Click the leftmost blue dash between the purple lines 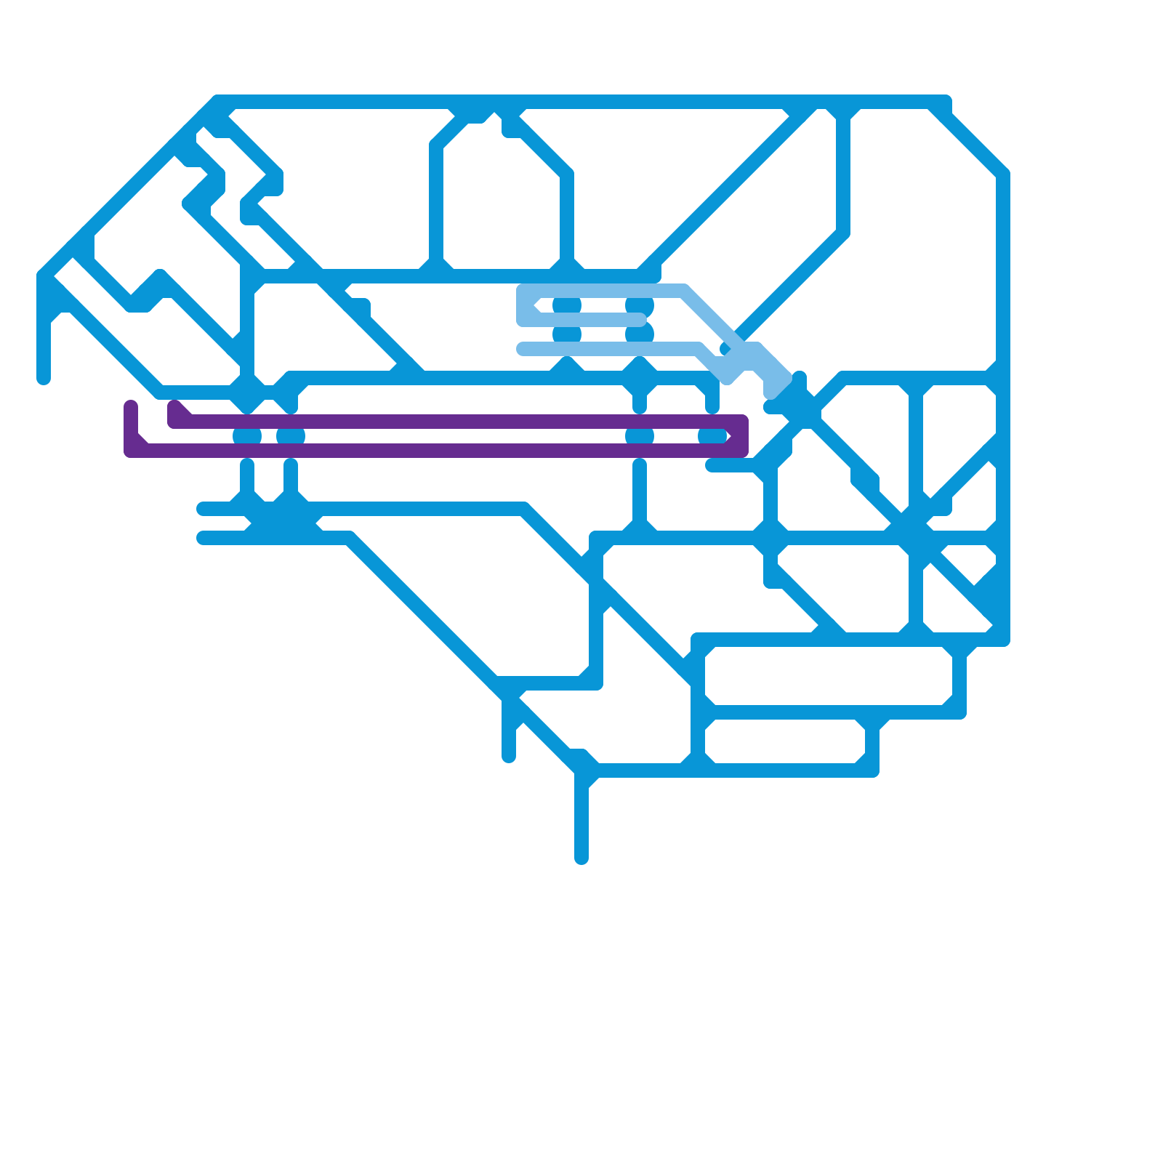[x=247, y=436]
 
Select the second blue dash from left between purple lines [x=291, y=436]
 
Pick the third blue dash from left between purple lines [x=640, y=436]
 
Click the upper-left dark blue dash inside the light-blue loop [x=567, y=305]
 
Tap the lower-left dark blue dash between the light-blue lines [x=567, y=334]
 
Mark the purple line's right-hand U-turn [x=741, y=436]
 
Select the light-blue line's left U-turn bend [x=523, y=305]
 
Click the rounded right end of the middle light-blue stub [x=640, y=320]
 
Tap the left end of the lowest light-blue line [x=522, y=349]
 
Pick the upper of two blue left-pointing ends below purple [x=202, y=509]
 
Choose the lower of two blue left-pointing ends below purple [x=202, y=538]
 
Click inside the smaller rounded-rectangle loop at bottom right [x=785, y=741]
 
